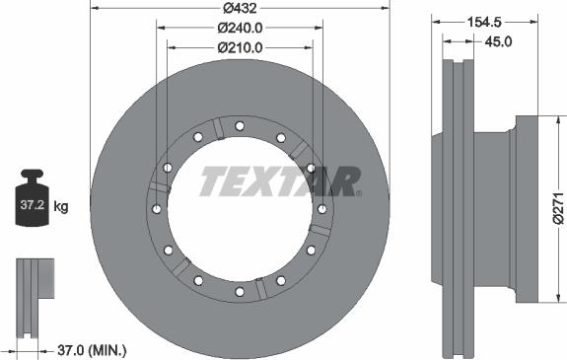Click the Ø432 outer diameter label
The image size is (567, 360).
(x=240, y=10)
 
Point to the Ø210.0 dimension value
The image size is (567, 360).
(x=240, y=45)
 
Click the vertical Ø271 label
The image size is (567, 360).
(x=558, y=208)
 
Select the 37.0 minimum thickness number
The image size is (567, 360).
(x=66, y=350)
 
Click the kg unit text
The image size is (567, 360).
(x=61, y=206)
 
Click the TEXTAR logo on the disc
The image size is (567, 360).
(x=280, y=181)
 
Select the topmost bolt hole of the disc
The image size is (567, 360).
(x=240, y=124)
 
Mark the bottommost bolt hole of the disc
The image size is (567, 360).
(x=240, y=292)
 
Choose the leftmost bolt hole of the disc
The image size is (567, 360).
(x=157, y=208)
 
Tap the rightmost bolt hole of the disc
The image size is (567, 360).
(x=322, y=208)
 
